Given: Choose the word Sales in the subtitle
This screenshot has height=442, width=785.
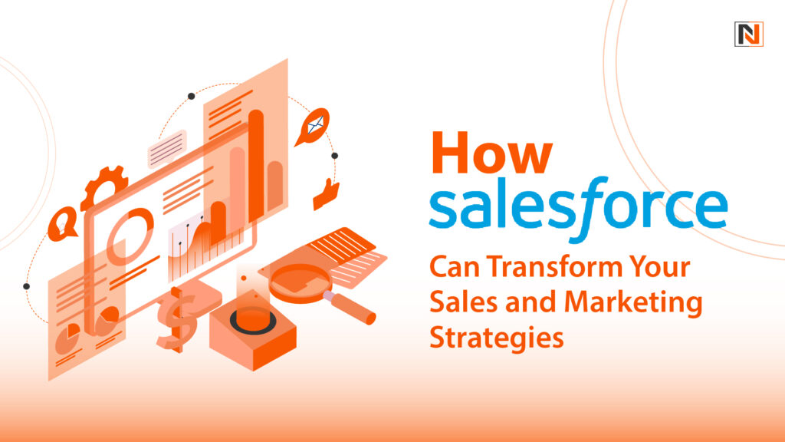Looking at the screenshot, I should pos(458,303).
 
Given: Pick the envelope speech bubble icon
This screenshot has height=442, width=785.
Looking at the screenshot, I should pos(314,126).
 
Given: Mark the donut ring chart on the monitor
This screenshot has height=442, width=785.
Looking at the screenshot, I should pos(125,245).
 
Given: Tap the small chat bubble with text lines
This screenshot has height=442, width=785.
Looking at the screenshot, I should pos(168,148).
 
